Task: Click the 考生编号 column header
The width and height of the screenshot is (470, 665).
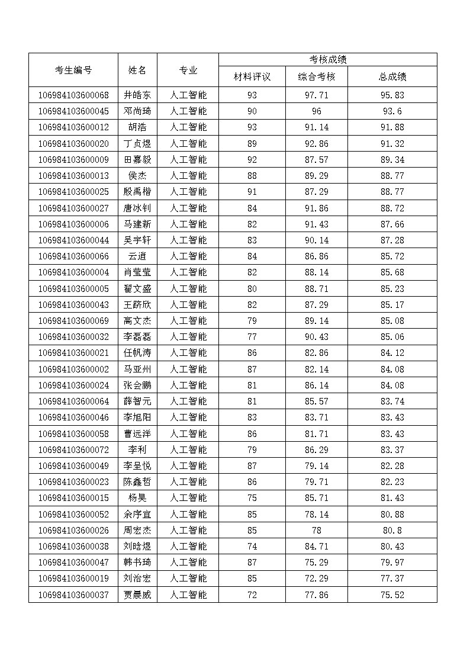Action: [x=73, y=70]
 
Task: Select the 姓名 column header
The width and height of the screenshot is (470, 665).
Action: [x=137, y=70]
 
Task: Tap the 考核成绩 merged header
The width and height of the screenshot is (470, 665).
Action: [x=327, y=59]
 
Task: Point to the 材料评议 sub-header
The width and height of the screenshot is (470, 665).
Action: [x=252, y=76]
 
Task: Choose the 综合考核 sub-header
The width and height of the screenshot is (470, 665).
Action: [x=316, y=76]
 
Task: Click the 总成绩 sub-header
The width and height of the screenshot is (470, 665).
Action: [x=392, y=76]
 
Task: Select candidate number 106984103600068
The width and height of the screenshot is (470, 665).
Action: [x=73, y=95]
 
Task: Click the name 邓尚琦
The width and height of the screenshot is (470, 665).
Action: [x=137, y=111]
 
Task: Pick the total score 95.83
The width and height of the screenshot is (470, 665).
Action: [x=392, y=95]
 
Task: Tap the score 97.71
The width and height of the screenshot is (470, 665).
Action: [x=316, y=95]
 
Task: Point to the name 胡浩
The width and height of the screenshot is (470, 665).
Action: [x=137, y=127]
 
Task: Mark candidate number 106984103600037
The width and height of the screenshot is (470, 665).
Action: [x=73, y=595]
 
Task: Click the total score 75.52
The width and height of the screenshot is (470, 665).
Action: [x=392, y=595]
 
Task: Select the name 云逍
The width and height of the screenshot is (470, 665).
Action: [x=137, y=256]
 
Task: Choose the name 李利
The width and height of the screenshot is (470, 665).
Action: [x=137, y=449]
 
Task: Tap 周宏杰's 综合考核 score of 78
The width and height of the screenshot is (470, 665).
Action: [x=316, y=530]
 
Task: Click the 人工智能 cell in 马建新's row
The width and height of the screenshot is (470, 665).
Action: [x=188, y=224]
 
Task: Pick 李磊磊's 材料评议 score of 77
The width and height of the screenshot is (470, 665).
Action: [x=252, y=336]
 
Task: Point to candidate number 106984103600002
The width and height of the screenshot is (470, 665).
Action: [x=73, y=369]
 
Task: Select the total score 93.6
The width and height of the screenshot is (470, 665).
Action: [x=392, y=111]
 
